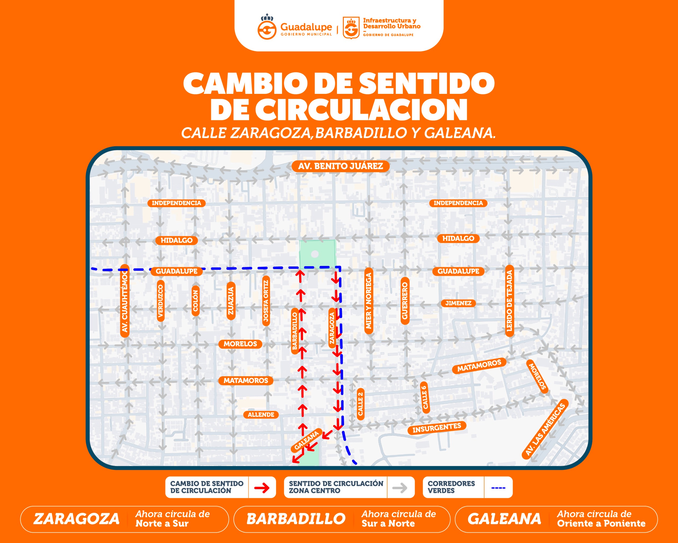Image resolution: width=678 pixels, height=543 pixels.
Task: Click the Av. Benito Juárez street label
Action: point(341,166)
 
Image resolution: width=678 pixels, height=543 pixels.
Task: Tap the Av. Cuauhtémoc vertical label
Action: point(125,301)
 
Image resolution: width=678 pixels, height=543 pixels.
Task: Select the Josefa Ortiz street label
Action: point(266,301)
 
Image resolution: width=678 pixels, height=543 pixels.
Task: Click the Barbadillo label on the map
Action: point(295,331)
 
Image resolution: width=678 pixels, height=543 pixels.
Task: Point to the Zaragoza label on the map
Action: point(332,328)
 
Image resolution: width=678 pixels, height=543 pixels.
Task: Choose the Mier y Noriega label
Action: point(369,301)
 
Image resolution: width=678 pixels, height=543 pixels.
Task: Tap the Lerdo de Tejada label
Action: point(509,301)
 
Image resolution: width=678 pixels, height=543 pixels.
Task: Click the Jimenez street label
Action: point(458,303)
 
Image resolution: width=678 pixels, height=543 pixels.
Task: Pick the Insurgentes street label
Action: point(436,427)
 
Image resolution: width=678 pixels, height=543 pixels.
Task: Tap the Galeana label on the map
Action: point(307,440)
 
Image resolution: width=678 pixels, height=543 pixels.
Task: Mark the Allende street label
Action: point(261,415)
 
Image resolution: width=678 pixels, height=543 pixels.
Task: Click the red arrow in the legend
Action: point(262,488)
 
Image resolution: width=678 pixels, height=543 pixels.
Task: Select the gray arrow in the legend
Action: point(400,488)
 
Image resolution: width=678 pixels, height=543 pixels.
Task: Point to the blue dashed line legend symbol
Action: point(498,488)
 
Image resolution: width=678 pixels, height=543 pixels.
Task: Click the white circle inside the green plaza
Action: point(315,254)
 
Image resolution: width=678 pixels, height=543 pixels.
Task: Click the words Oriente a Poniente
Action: point(601,523)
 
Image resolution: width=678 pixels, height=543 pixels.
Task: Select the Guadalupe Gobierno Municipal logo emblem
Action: point(267,27)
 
